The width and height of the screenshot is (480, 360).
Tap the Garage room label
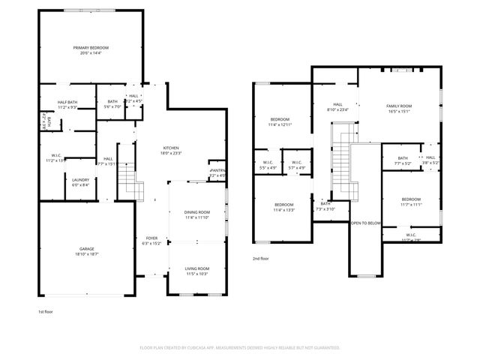[x=87, y=250]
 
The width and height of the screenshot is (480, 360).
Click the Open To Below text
[x=366, y=223]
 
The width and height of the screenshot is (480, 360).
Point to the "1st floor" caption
[x=46, y=311]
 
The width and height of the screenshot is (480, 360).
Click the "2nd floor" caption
[x=261, y=258]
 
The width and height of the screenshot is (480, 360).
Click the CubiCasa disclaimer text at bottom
[x=240, y=348]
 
